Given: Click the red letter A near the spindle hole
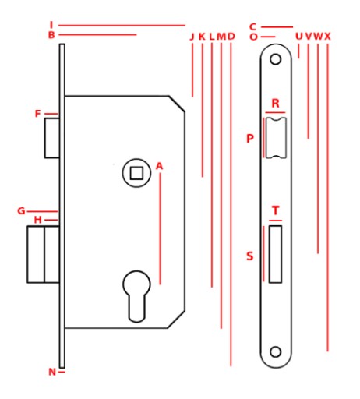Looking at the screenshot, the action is (159, 166).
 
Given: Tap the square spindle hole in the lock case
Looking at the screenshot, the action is (136, 173).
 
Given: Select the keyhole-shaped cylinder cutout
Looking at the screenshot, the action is (136, 296).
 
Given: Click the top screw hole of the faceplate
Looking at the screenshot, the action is (275, 59).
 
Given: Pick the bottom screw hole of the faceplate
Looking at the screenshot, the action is (275, 352).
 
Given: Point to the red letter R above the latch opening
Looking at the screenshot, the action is (275, 104).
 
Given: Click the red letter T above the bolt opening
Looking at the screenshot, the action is (275, 210).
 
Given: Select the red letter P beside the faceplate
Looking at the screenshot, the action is (250, 139).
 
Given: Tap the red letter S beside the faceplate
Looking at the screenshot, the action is (249, 256).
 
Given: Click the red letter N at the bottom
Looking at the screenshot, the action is (52, 372).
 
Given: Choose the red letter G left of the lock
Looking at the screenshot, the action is (21, 211).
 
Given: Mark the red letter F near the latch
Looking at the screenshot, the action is (38, 114).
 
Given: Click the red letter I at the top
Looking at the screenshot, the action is (51, 25).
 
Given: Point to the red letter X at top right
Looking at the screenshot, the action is (328, 37).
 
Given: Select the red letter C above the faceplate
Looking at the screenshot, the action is (252, 26).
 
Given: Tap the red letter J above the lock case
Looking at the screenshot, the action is (192, 37).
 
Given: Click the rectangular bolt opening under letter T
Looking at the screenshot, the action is (275, 254).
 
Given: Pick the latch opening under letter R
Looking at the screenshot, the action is (275, 138).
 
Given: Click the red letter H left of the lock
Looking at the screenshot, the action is (38, 220).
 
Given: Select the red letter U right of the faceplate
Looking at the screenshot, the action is (299, 37).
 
